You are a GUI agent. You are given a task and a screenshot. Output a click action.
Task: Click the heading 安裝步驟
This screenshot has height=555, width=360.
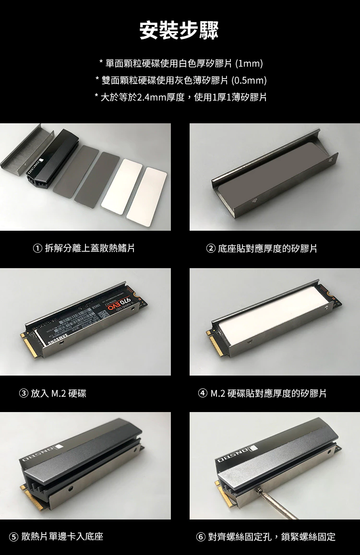(179, 30)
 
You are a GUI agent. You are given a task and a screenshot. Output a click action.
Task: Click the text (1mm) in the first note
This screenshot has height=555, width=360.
(250, 63)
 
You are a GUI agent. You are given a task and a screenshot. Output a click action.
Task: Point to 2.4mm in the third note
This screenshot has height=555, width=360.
(151, 97)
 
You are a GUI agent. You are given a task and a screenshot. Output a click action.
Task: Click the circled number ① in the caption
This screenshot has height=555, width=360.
(37, 248)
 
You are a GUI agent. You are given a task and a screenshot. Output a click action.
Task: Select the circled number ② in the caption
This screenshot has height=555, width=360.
(211, 248)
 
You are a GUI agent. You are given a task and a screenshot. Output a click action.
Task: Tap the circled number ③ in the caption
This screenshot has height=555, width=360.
(24, 394)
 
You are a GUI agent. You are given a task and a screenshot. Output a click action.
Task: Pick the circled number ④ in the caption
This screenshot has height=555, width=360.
(203, 394)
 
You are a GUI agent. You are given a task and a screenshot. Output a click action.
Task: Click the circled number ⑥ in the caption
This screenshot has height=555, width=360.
(201, 536)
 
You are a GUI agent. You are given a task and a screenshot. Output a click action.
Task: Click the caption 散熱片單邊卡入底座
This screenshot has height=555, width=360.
(62, 536)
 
